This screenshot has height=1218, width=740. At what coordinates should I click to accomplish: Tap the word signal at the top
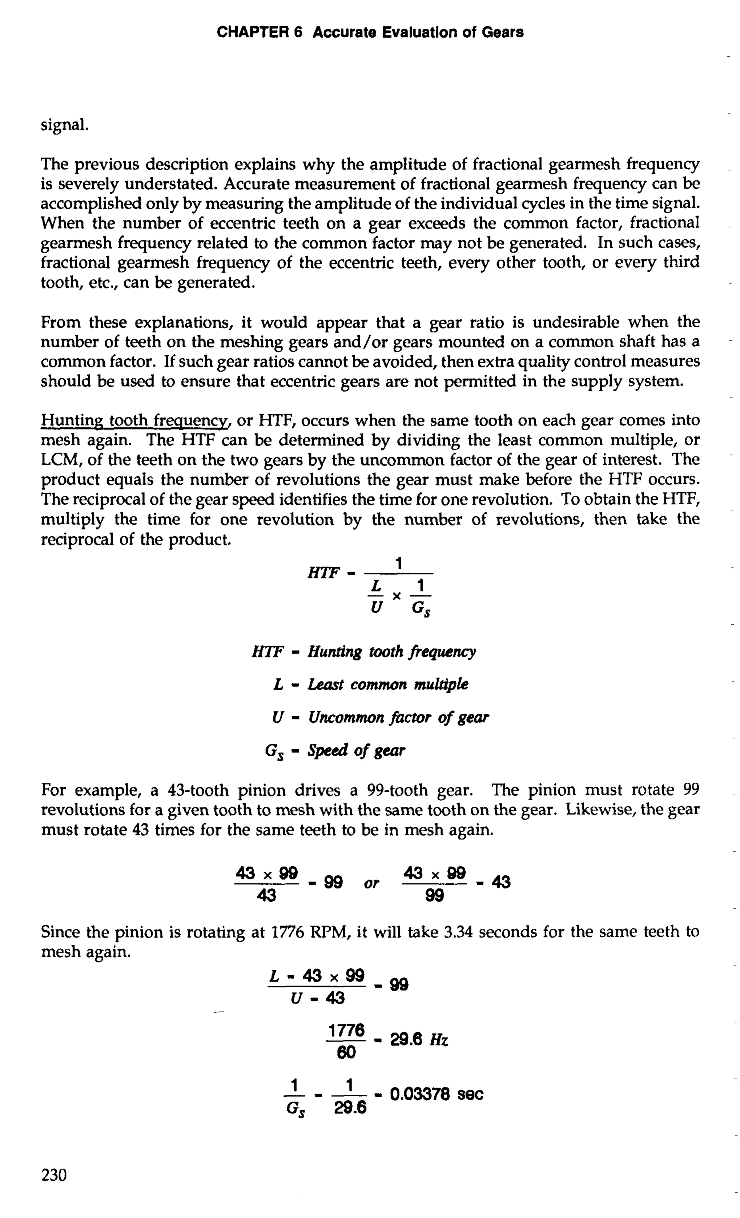click(65, 125)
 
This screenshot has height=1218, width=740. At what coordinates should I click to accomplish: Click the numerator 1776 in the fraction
click(346, 1031)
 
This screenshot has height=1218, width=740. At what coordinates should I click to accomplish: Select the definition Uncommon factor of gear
click(398, 717)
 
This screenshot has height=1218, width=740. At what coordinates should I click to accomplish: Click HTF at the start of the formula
click(323, 573)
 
